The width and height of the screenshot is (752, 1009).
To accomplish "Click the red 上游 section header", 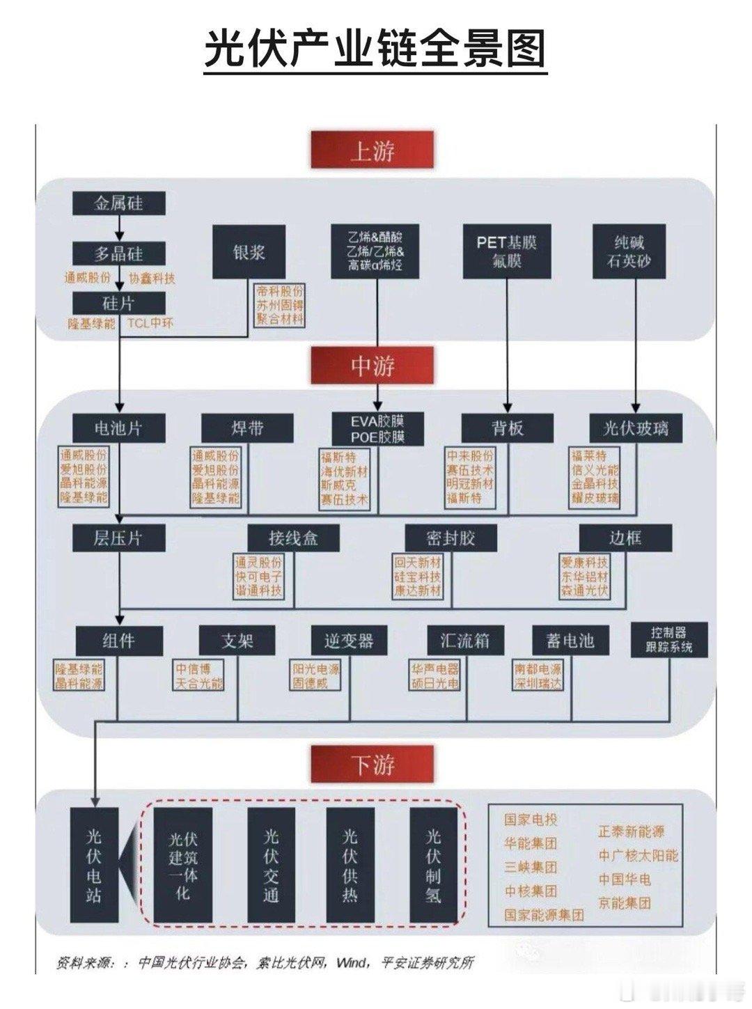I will (373, 150).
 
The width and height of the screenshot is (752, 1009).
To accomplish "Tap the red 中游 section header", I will (373, 366).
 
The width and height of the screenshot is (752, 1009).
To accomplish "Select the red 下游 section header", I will (373, 765).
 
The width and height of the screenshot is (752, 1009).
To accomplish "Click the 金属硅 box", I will (119, 203).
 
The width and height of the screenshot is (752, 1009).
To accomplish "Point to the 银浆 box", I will (249, 251).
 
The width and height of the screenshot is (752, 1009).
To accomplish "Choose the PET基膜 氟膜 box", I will (507, 251).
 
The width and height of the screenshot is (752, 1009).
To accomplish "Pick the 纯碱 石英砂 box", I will (629, 251).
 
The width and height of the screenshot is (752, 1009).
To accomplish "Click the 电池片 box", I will (119, 428).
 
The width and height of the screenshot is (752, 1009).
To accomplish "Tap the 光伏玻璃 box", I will (635, 428).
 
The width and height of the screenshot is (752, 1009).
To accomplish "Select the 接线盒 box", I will (293, 538).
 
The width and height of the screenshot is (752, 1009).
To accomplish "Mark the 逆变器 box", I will (348, 640).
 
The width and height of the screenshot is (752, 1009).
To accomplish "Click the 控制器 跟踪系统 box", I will (668, 639).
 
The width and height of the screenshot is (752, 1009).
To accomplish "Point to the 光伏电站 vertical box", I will (94, 865).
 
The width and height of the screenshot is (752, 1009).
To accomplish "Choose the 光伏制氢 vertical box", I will (433, 865).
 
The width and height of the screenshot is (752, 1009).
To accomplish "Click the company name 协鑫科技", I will (152, 279).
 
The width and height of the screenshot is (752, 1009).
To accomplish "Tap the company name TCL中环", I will (150, 323).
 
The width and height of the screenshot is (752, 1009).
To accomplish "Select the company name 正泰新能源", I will (631, 831).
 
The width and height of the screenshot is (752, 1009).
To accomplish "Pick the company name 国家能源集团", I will (544, 915).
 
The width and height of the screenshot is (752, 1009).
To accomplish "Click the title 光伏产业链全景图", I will (376, 49).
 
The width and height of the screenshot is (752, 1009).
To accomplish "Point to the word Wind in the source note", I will (352, 963).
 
